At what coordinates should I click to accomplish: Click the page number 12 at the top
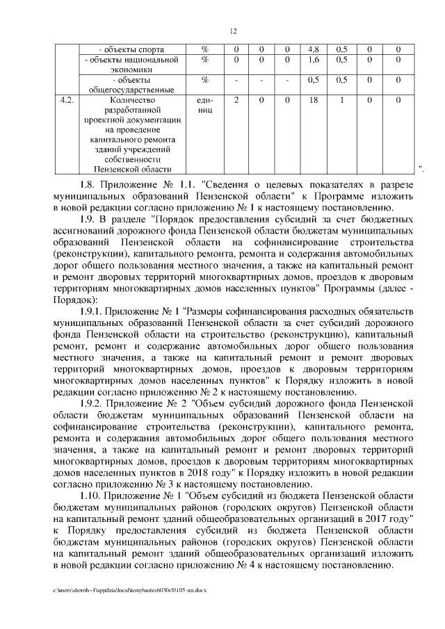point(234,31)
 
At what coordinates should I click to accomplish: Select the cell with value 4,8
point(313,50)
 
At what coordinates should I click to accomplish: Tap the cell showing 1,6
point(313,60)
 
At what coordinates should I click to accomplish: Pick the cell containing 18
point(313,100)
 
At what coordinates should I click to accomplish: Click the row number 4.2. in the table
point(67,100)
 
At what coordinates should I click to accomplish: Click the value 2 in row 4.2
point(237,100)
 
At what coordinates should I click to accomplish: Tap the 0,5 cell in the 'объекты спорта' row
point(342,50)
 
